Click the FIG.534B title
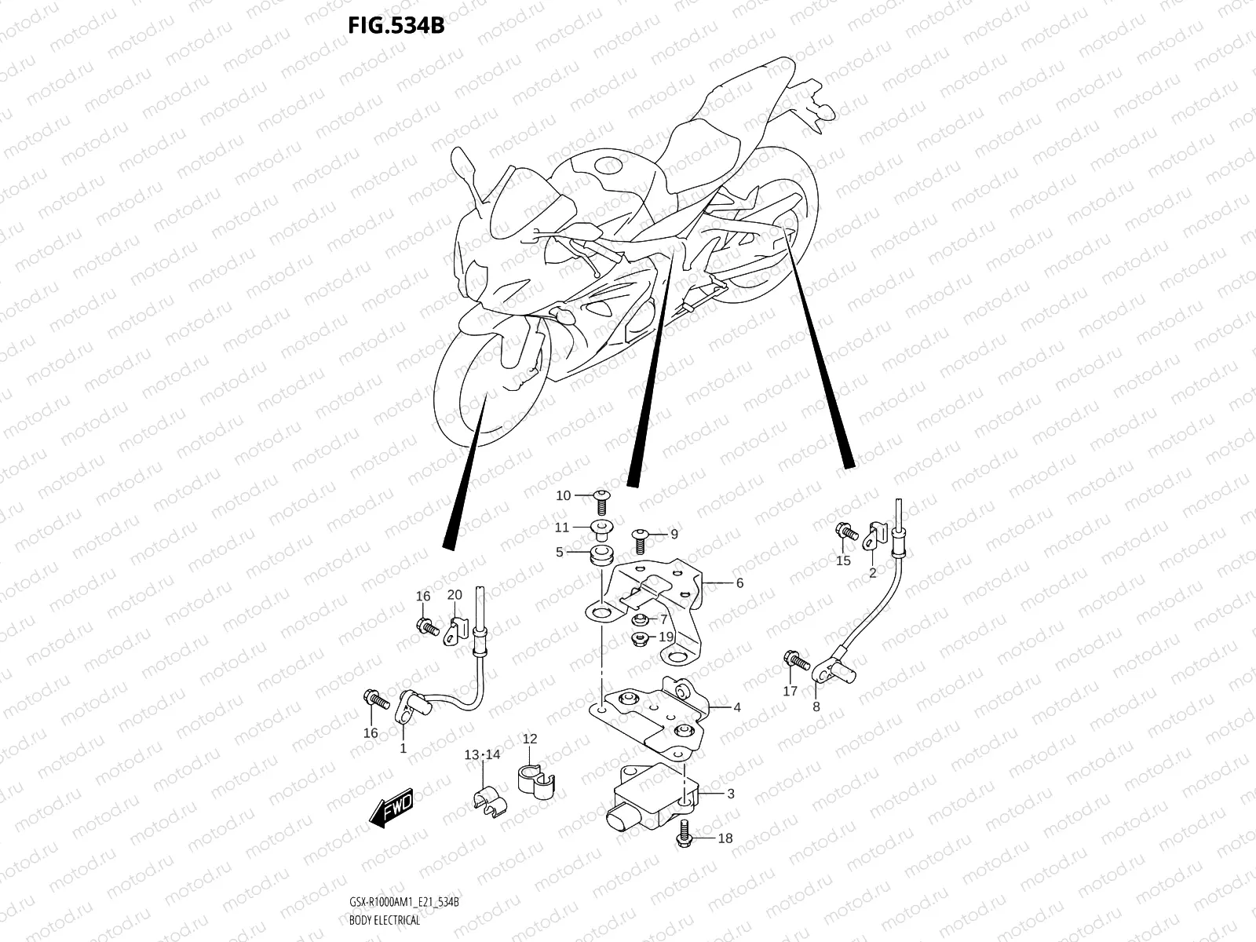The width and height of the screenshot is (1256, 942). [x=396, y=26]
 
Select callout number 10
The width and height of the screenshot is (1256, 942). [x=564, y=495]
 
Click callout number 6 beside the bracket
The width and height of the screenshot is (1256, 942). [x=739, y=583]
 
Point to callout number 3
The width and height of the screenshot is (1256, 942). [x=730, y=794]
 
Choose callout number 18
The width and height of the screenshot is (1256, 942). [x=725, y=838]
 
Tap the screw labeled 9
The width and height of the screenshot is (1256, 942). [x=639, y=537]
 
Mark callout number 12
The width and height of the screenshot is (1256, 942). [x=530, y=739]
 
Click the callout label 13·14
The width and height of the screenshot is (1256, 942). [x=482, y=755]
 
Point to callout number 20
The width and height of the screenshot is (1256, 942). [x=455, y=595]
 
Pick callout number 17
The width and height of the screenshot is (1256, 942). [x=790, y=691]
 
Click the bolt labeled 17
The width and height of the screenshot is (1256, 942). [x=794, y=661]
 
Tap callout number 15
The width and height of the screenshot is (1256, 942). [x=843, y=560]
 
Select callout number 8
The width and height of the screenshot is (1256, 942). [x=816, y=706]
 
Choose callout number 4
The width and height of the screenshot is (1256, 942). [x=737, y=707]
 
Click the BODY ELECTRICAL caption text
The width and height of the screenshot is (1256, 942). [x=385, y=920]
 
